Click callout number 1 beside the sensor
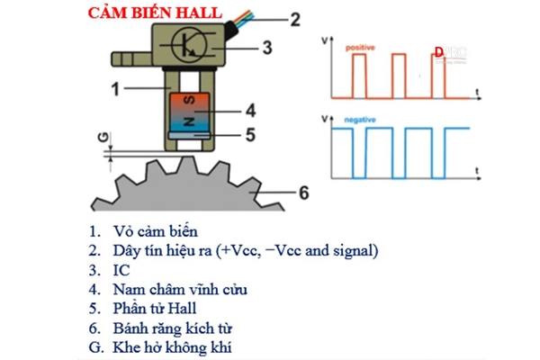click(x=115, y=89)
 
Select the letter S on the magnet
click(x=190, y=100)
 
